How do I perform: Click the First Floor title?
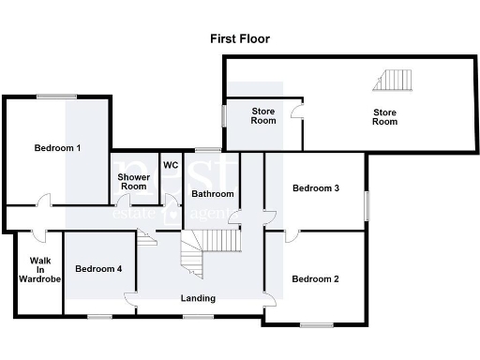(x=239, y=39)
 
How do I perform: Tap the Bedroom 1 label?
(x=57, y=148)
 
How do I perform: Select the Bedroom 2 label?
(x=314, y=278)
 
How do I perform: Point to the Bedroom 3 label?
(x=315, y=187)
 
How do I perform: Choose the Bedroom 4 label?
(x=98, y=269)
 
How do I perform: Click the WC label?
(x=171, y=165)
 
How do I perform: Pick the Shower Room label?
(x=132, y=181)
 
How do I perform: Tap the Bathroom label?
(x=212, y=194)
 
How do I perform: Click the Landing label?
(x=198, y=298)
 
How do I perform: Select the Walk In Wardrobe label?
(x=39, y=269)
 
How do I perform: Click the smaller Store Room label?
(x=263, y=115)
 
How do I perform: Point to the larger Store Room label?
(x=385, y=117)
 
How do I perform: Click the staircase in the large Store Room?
(x=393, y=80)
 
